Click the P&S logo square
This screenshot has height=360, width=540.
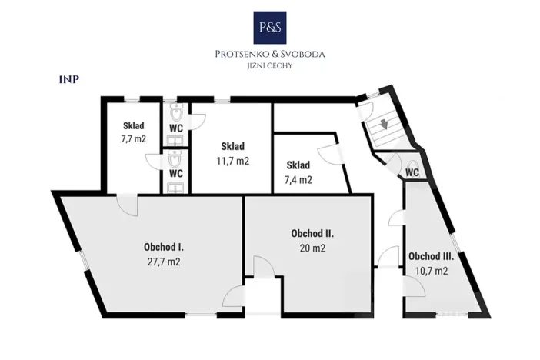click(270, 28)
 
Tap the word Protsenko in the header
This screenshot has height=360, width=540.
click(240, 54)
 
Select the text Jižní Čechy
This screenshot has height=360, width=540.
click(270, 65)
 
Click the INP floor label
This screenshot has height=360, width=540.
click(69, 79)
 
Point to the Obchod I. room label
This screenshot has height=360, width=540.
click(164, 247)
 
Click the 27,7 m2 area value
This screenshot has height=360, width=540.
click(164, 262)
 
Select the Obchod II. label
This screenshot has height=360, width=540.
click(312, 233)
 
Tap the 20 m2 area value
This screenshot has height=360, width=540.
click(312, 248)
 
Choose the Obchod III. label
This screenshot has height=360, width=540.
click(432, 256)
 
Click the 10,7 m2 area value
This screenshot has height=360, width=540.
click(432, 271)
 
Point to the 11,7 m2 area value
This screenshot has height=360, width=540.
click(233, 161)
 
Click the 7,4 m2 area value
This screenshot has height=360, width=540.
click(298, 180)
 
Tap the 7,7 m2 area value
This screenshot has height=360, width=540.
click(134, 138)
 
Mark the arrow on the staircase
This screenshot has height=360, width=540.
click(384, 124)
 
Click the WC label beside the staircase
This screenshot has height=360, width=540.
click(412, 172)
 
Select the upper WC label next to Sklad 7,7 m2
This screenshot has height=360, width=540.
click(176, 128)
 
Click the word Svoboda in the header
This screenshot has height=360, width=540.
click(302, 54)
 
